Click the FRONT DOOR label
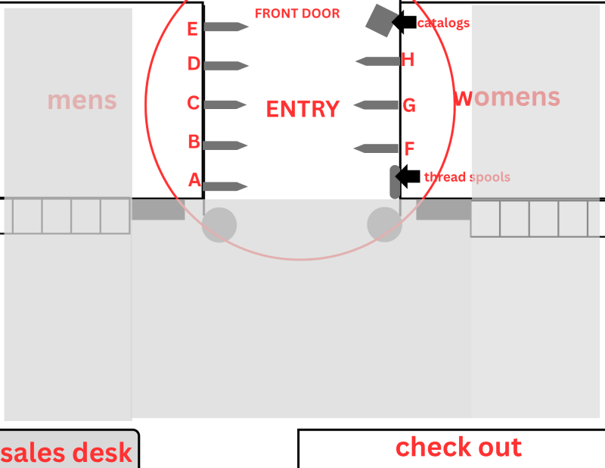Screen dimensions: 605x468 click(x=297, y=14)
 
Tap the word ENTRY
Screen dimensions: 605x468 click(x=303, y=109)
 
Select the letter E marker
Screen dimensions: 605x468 click(x=193, y=29)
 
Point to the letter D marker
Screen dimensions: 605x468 click(x=194, y=64)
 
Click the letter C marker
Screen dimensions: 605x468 click(x=194, y=103)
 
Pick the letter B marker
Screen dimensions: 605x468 click(x=194, y=142)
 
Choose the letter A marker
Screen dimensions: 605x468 click(x=195, y=180)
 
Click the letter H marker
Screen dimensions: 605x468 click(x=408, y=60)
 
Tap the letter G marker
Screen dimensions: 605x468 click(x=409, y=105)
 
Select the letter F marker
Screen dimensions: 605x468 click(x=409, y=148)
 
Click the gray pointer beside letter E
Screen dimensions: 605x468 click(x=226, y=27)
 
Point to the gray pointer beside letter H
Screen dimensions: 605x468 click(x=377, y=61)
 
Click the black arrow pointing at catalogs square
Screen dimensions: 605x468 click(x=404, y=22)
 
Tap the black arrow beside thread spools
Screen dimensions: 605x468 click(x=408, y=176)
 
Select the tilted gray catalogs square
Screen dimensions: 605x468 click(x=381, y=21)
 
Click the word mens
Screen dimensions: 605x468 click(x=82, y=101)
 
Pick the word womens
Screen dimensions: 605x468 click(x=507, y=98)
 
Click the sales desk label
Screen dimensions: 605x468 click(x=67, y=453)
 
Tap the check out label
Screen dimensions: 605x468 click(x=459, y=447)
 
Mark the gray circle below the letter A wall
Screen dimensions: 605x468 click(x=219, y=225)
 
